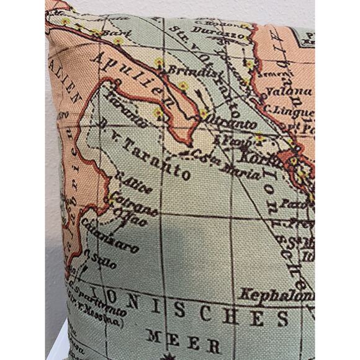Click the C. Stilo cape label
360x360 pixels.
pos(99,261)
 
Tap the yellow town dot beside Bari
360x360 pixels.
pos(118,41)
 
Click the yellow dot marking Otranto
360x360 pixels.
pos(203,114)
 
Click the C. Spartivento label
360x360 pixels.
pos(93,292)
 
